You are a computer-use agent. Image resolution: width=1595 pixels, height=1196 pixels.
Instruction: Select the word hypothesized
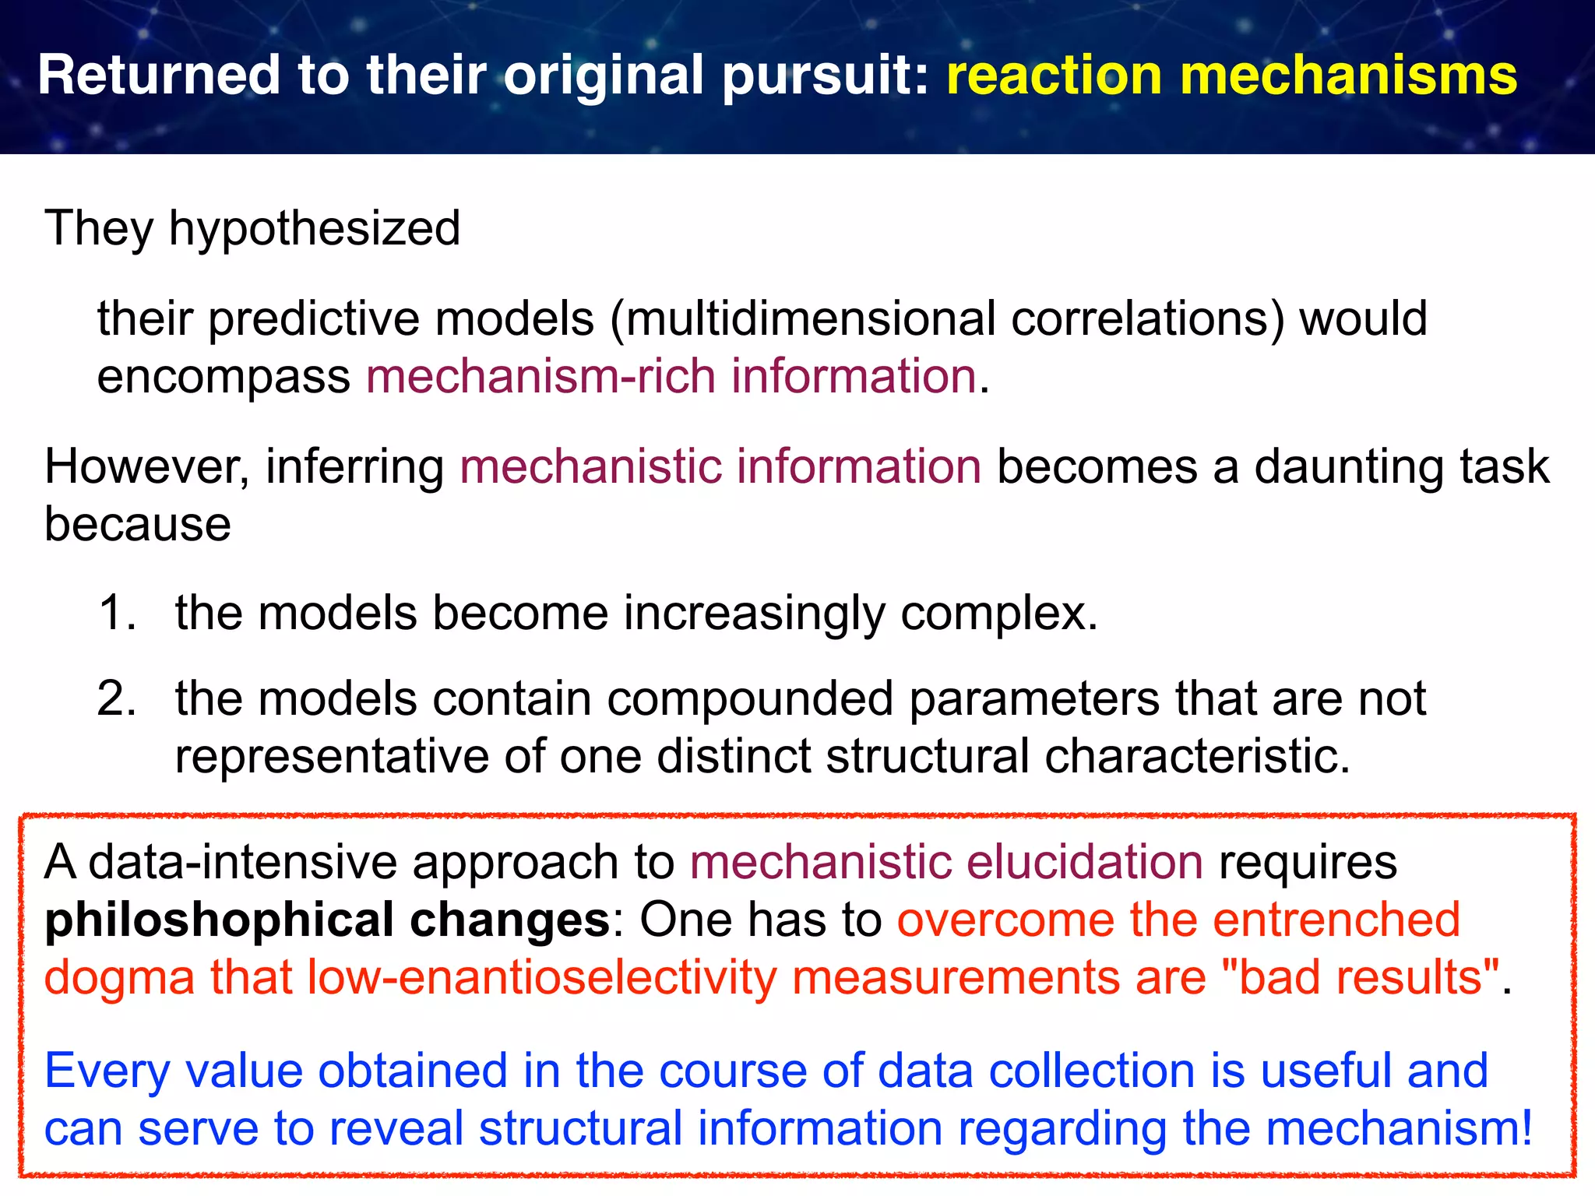tap(315, 229)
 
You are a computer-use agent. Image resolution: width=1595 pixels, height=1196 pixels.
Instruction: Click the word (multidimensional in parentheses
tap(803, 319)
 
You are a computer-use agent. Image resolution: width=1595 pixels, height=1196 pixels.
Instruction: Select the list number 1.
tap(117, 613)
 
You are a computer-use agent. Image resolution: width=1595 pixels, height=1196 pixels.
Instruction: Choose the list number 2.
tap(117, 698)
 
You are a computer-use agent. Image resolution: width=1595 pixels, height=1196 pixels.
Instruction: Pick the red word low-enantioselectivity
tap(542, 978)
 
